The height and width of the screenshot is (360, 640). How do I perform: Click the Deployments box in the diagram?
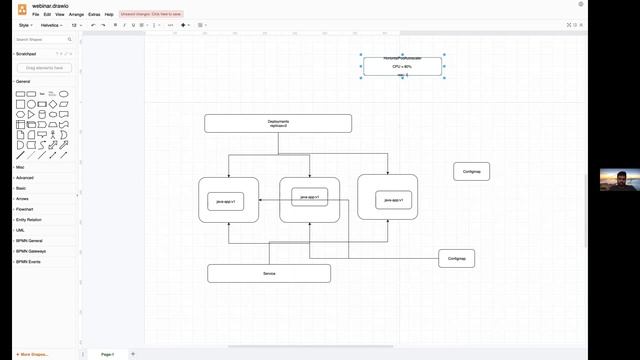point(278,123)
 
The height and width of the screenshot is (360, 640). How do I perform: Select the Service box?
point(269,273)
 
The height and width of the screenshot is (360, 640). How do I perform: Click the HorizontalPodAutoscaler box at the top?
point(403,66)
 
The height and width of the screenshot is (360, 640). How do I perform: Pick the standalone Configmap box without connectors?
point(471,171)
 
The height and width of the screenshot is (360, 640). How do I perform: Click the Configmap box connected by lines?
point(456,258)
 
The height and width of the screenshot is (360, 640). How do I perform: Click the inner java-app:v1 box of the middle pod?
point(309,197)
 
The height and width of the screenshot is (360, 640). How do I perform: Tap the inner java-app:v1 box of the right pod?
point(394,200)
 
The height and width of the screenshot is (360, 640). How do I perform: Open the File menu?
point(35,15)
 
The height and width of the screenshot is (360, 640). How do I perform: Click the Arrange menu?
point(76,15)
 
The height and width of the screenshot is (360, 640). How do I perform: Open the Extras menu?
point(94,15)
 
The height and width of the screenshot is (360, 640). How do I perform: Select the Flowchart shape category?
point(25,209)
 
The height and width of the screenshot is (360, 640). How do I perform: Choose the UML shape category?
point(20,230)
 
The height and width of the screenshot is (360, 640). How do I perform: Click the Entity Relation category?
point(29,219)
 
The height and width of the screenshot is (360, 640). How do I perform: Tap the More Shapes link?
point(33,354)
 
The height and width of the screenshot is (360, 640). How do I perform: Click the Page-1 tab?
point(107,354)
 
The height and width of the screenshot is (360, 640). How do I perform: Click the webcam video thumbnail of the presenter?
point(619,180)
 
